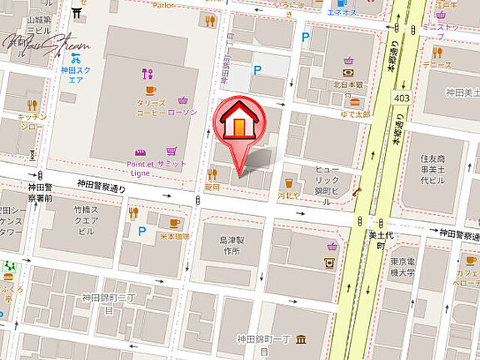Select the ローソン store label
click(183, 112)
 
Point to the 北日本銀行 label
click(347, 84)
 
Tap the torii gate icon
click(77, 13)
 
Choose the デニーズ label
click(437, 65)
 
